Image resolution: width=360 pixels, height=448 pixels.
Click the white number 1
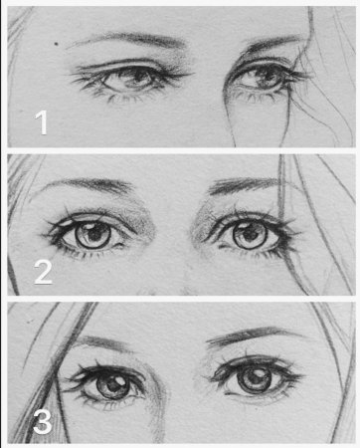click(42, 122)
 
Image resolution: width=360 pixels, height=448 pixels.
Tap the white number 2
click(43, 272)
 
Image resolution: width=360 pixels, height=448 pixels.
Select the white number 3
click(43, 422)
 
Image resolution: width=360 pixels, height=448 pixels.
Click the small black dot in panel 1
click(57, 43)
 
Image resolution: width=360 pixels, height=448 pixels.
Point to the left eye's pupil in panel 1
click(137, 78)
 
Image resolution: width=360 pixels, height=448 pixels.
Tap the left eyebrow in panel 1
click(129, 39)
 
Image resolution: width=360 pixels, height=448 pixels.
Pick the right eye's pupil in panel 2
click(250, 235)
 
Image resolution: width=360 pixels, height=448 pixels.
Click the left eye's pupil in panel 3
click(113, 386)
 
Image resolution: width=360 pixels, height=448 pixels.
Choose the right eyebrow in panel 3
click(252, 336)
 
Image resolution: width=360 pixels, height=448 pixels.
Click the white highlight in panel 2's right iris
click(244, 227)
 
